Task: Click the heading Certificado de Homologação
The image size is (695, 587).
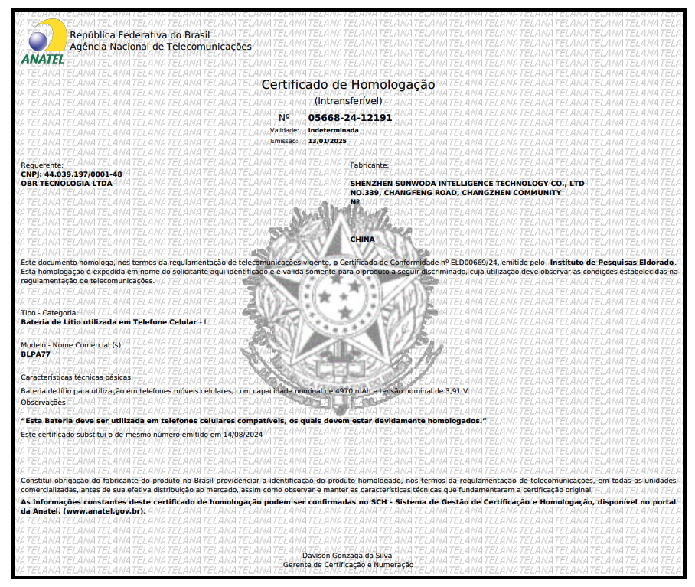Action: pyautogui.click(x=347, y=84)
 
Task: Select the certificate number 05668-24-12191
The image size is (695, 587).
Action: pyautogui.click(x=350, y=118)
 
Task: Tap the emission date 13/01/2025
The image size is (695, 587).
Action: pyautogui.click(x=327, y=141)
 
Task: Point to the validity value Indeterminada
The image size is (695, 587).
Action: pyautogui.click(x=333, y=130)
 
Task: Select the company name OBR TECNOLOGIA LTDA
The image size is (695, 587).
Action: pyautogui.click(x=67, y=184)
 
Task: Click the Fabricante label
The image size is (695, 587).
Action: pyautogui.click(x=370, y=165)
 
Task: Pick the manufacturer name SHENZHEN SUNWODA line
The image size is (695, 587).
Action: pyautogui.click(x=467, y=184)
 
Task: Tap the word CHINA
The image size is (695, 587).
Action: pyautogui.click(x=363, y=240)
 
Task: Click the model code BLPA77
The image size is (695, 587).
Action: pyautogui.click(x=35, y=354)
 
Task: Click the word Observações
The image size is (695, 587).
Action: pyautogui.click(x=43, y=402)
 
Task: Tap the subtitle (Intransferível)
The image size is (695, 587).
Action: pyautogui.click(x=348, y=100)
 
